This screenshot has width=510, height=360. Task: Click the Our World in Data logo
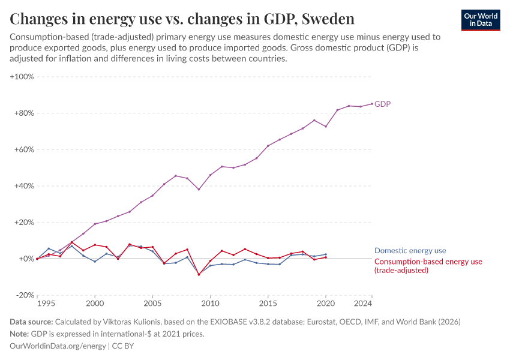pos(480,20)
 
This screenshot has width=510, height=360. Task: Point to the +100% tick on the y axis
pos(22,77)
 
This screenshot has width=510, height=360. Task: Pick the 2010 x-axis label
pos(210,304)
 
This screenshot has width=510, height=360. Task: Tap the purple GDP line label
pos(382,104)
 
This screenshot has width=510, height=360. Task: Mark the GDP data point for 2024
pos(372,103)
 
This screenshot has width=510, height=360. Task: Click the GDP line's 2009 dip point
pos(199,190)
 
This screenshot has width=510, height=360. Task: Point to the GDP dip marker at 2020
pos(326,126)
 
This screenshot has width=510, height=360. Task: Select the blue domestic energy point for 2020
pos(326,254)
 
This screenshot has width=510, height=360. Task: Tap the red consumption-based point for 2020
pos(326,257)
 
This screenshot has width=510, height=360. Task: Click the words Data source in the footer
pos(31,322)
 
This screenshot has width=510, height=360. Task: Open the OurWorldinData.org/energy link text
pos(58,346)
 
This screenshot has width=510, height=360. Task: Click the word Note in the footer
pos(20,334)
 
